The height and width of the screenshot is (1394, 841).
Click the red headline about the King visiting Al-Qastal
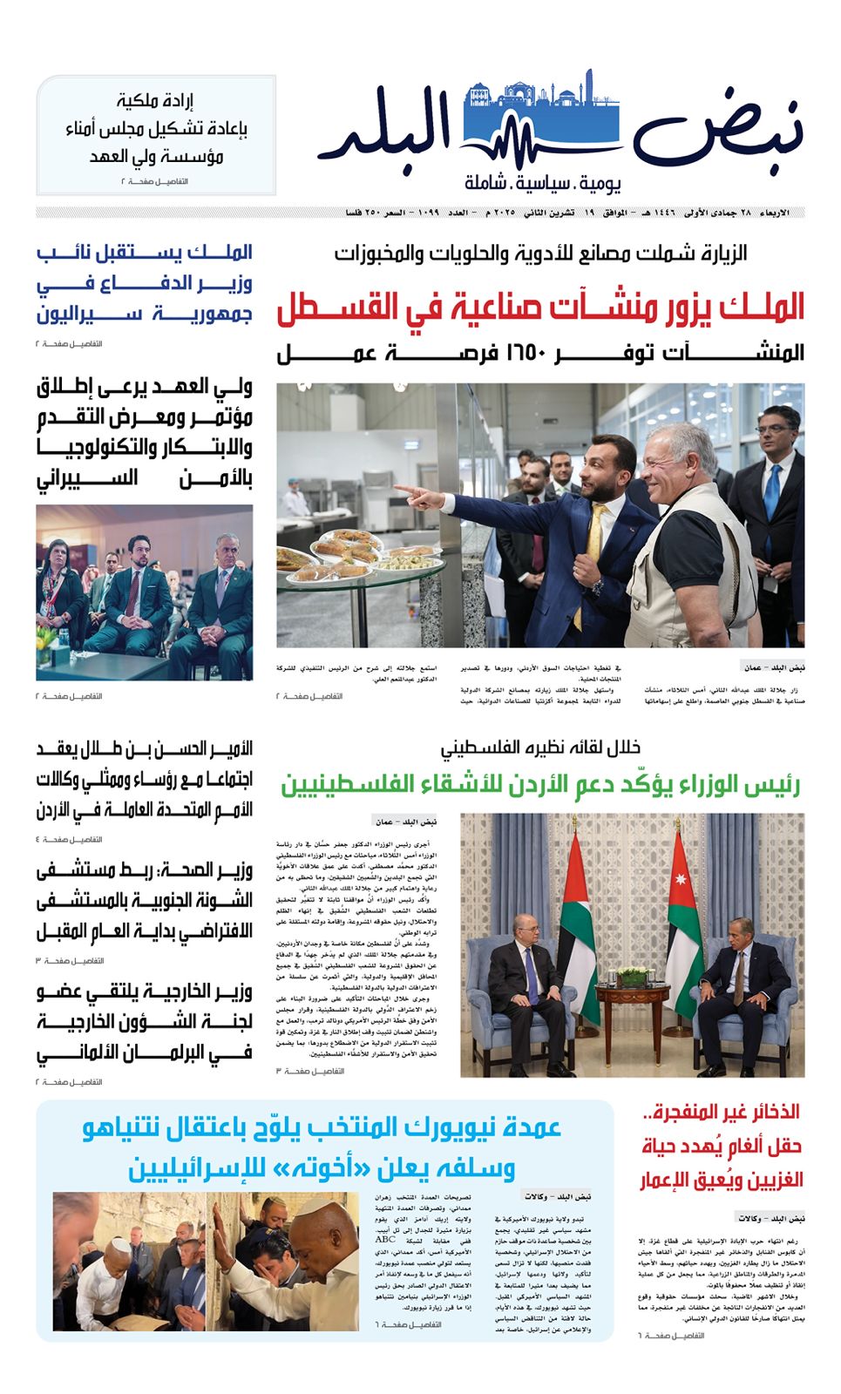tap(540, 308)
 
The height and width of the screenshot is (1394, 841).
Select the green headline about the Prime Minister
tap(540, 784)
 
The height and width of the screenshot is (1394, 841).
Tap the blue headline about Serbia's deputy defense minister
tap(145, 282)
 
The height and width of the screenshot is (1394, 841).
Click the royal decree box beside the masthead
tap(156, 135)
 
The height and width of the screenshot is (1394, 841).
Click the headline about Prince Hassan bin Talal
tap(145, 779)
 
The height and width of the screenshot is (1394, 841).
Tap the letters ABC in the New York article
tap(385, 1239)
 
